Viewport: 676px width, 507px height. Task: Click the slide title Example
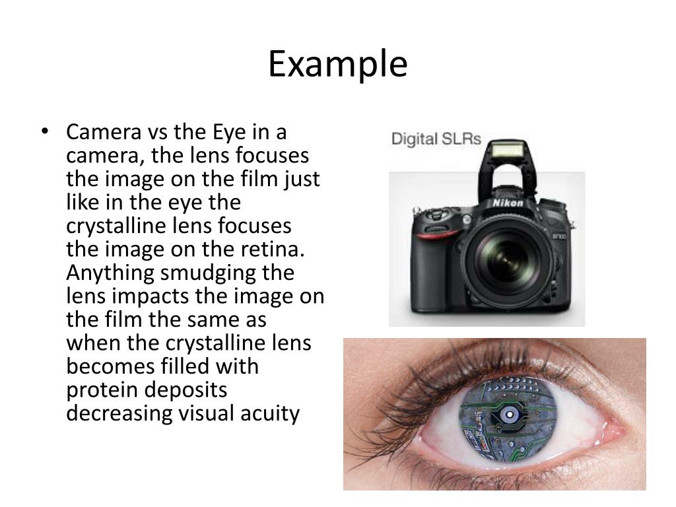pyautogui.click(x=337, y=65)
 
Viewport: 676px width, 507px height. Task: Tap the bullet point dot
pyautogui.click(x=45, y=132)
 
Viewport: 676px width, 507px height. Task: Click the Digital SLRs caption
pyautogui.click(x=436, y=139)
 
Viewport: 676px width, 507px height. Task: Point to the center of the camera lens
pyautogui.click(x=507, y=257)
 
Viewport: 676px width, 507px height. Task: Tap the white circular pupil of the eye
pyautogui.click(x=510, y=415)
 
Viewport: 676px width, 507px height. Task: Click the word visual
pyautogui.click(x=211, y=413)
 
